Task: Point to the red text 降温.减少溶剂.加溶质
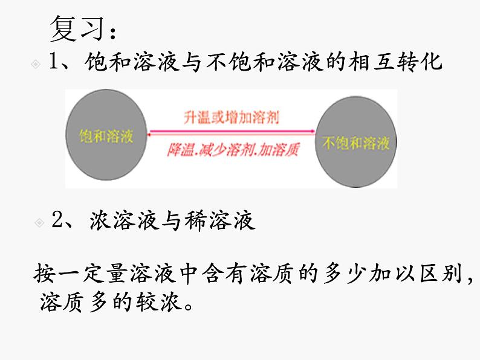(x=233, y=149)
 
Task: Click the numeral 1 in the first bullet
(x=56, y=63)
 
